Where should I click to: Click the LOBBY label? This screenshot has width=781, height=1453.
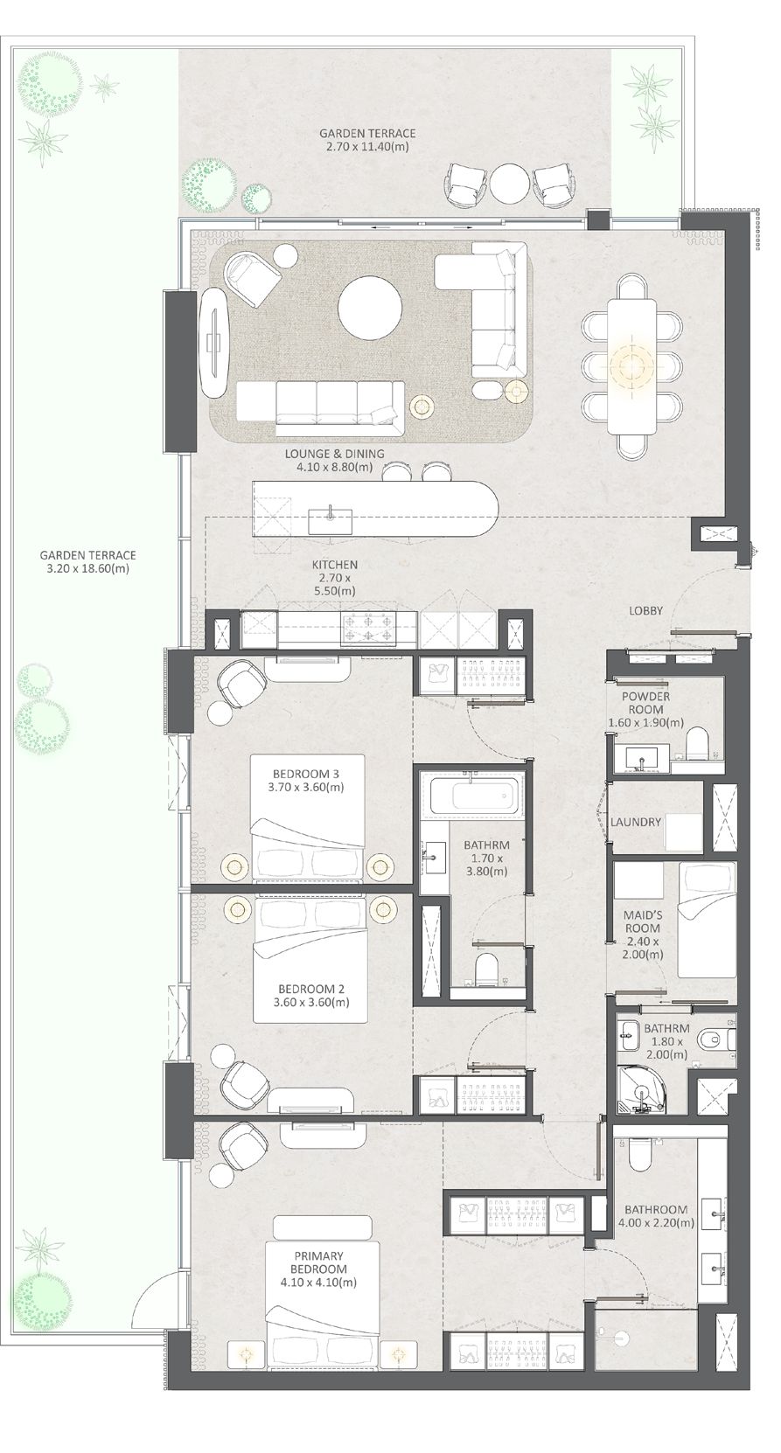pos(645,610)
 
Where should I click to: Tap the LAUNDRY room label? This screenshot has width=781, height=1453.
pos(636,822)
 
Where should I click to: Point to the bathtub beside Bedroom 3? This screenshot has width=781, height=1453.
pos(473,796)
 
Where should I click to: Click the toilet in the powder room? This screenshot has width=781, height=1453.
pos(697,743)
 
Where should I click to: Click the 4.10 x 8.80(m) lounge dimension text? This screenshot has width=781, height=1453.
pos(335,467)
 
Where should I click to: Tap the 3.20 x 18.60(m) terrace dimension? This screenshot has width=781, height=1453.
pos(87,569)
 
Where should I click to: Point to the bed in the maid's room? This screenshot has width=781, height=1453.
pos(707,919)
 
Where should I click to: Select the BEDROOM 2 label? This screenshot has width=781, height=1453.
pos(311,989)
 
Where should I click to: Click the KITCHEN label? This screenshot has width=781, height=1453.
pos(335,565)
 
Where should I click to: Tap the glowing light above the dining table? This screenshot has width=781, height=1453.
pos(629,365)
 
